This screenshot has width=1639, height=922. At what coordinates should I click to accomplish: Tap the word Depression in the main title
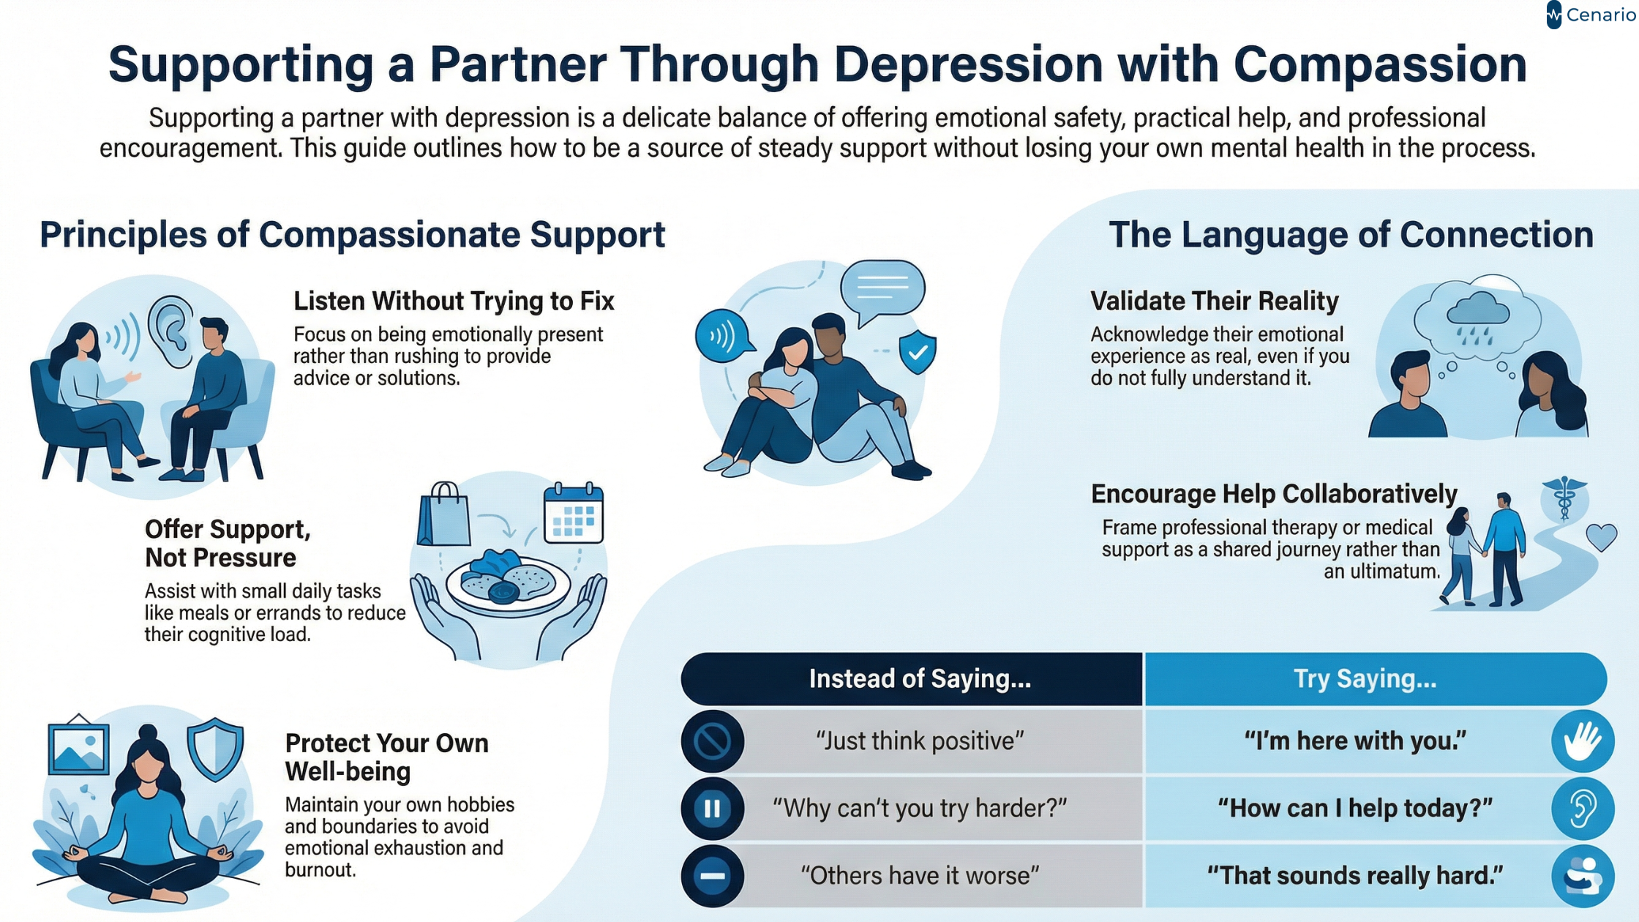pos(967,64)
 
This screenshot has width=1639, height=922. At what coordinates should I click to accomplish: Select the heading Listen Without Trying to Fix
pos(454,301)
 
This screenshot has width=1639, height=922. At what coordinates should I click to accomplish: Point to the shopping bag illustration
pos(443,515)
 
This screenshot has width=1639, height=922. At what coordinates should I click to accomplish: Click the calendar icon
pos(574,514)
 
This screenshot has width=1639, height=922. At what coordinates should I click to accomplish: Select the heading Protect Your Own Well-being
pos(386,757)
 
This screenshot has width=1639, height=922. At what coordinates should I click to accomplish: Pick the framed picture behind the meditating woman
pos(78,747)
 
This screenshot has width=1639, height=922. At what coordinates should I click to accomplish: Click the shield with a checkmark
pos(918,351)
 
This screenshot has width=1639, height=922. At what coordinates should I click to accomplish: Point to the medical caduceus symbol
pos(1564,498)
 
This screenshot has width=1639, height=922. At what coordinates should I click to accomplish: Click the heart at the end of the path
pos(1601,537)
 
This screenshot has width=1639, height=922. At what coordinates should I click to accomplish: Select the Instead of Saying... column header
pos(919,679)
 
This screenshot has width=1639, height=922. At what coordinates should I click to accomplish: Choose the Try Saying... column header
pos(1365,679)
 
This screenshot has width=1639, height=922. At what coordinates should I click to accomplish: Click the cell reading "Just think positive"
pos(919,741)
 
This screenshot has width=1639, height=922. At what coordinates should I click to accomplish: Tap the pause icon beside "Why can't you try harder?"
pos(712,809)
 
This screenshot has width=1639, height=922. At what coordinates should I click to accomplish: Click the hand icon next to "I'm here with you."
pos(1582,741)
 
